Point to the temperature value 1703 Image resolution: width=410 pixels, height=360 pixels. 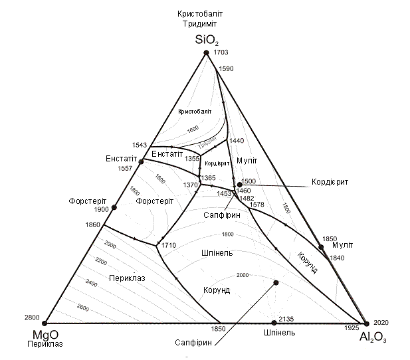221,52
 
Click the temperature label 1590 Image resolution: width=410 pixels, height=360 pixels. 227,68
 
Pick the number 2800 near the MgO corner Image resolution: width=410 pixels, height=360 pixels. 31,317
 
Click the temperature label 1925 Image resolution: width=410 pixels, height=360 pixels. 352,329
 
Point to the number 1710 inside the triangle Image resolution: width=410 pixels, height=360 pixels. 168,246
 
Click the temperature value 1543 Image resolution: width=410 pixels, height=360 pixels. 140,145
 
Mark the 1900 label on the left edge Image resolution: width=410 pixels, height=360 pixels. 102,209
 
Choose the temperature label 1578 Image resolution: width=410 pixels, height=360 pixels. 256,205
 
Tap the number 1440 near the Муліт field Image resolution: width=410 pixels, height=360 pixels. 237,141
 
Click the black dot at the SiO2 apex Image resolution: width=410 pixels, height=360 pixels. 206,52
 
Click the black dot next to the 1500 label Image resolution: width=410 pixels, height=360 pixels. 239,184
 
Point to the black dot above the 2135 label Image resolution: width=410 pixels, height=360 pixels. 276,283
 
